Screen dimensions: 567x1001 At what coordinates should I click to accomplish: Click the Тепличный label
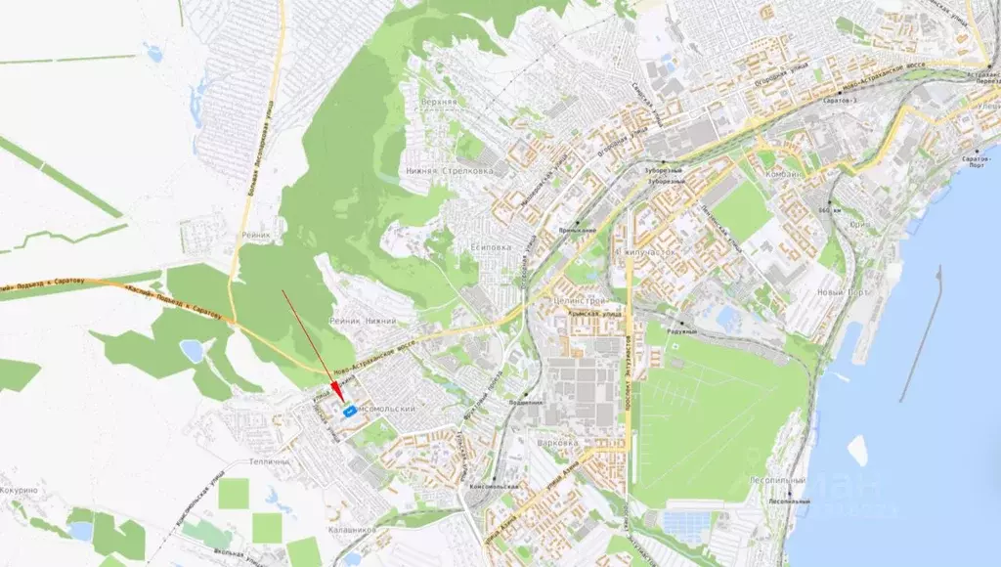(270, 460)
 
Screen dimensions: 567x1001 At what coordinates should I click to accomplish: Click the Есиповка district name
(489, 247)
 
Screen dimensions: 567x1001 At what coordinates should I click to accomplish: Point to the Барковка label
(558, 442)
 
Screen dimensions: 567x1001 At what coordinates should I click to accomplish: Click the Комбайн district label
(784, 174)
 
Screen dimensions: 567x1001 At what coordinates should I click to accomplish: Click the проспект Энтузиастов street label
(626, 371)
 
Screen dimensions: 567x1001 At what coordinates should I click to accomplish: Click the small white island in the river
(857, 451)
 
